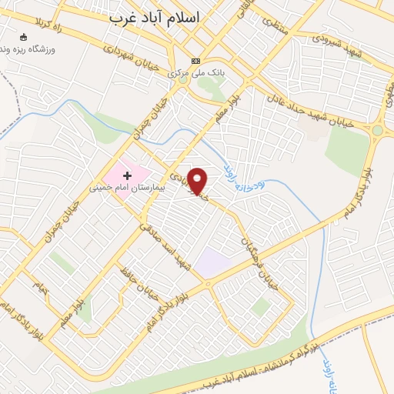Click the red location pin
[x=199, y=181]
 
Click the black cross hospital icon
[x=128, y=176]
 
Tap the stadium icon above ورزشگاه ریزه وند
[x=24, y=36]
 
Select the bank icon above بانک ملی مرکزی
[x=195, y=62]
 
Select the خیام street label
[x=40, y=286]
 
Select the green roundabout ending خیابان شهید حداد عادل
[x=377, y=131]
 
